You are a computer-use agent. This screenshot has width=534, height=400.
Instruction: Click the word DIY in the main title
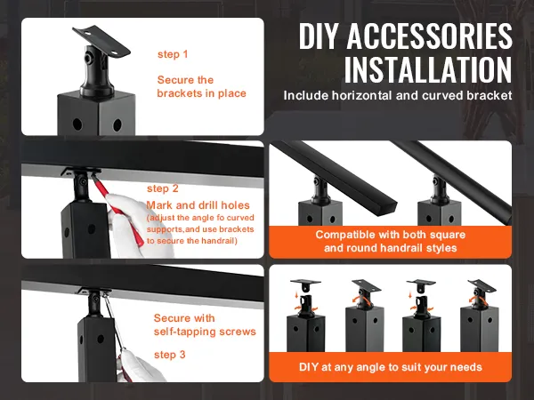(321, 36)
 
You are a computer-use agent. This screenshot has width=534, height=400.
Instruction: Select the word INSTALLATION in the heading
(427, 69)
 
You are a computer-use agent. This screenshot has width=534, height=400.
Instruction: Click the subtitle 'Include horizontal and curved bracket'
(398, 94)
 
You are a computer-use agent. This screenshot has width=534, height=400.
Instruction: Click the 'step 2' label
(163, 188)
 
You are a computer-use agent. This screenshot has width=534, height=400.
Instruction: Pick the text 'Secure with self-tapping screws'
(204, 324)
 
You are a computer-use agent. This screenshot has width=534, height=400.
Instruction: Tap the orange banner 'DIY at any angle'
(390, 365)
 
